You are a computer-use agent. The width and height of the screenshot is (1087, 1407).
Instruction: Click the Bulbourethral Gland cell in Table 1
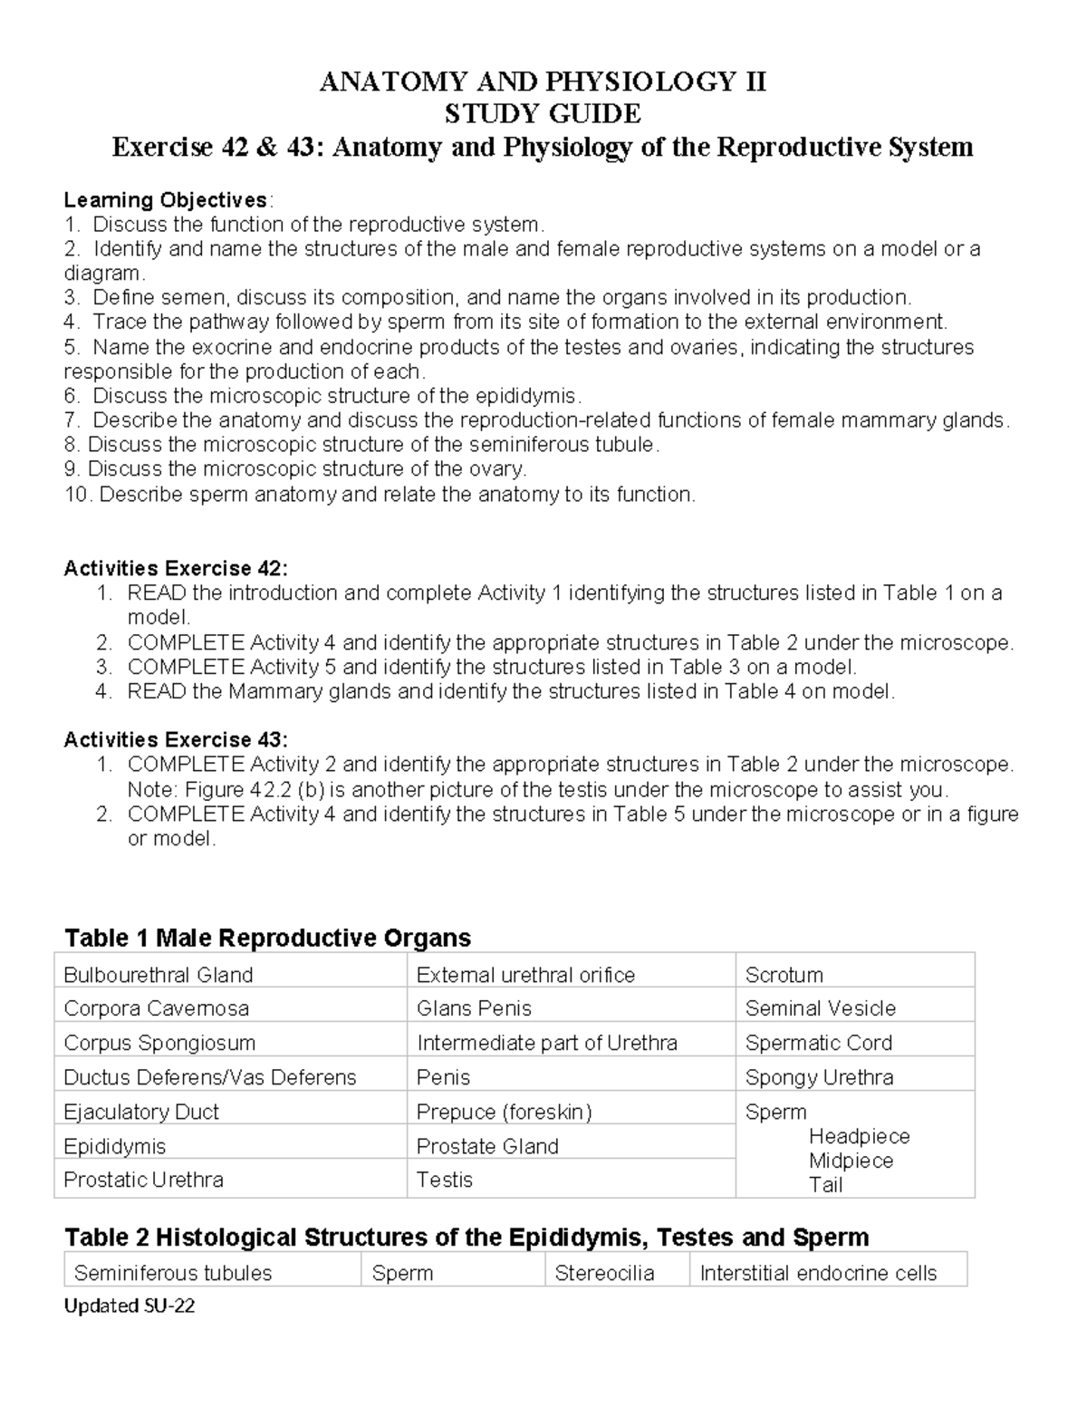159,975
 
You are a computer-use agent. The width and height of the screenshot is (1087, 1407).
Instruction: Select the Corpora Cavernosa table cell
156,1008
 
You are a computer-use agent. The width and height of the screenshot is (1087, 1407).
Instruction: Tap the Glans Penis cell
474,1008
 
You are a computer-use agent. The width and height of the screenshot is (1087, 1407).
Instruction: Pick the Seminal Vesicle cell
820,1008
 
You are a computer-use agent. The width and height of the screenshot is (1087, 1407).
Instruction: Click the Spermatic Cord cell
818,1043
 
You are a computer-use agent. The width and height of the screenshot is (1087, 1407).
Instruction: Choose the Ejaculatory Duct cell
141,1112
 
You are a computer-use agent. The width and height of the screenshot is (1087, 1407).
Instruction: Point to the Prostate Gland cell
486,1146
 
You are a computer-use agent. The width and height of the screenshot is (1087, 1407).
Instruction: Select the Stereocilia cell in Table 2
604,1273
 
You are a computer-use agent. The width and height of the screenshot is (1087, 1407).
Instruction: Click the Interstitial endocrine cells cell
818,1273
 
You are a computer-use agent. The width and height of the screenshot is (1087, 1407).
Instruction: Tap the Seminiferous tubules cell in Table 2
173,1273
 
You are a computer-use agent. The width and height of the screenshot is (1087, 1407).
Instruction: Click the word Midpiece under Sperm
851,1161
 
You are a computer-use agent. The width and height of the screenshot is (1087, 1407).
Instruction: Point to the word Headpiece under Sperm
859,1136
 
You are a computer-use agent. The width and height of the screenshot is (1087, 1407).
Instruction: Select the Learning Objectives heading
166,199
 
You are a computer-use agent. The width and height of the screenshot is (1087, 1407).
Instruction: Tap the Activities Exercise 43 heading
176,739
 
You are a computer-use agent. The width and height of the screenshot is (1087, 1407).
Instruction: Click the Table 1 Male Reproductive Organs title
268,937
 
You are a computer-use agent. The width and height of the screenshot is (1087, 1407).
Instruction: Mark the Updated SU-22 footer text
129,1306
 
